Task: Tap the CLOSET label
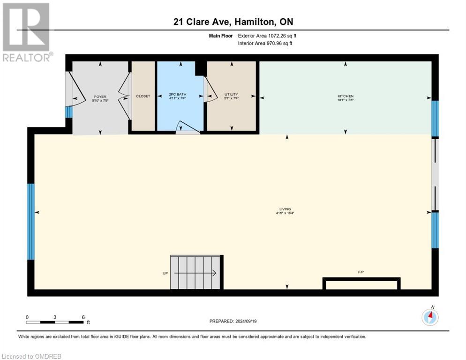point(143,96)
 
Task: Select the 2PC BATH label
point(178,95)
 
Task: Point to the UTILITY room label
point(231,95)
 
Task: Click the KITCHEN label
point(345,96)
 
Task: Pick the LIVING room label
point(285,209)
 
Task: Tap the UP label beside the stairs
point(165,273)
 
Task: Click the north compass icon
point(429,317)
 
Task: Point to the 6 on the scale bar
point(83,317)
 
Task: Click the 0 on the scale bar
point(27,317)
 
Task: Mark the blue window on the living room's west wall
point(31,221)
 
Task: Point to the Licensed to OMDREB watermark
point(32,356)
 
